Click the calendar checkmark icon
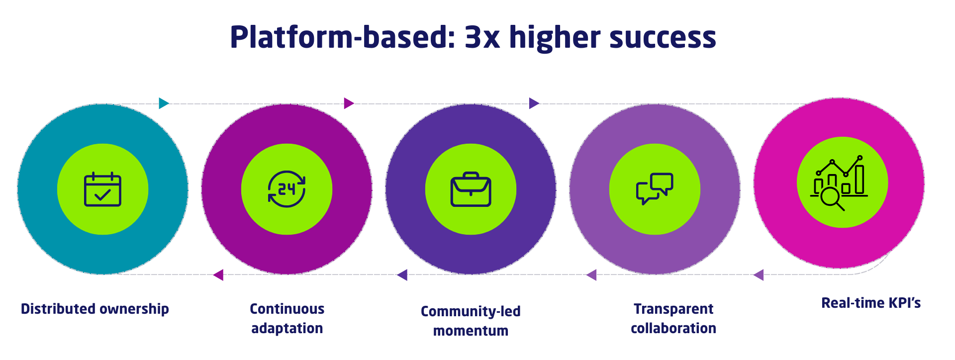click(x=102, y=189)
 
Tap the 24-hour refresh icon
click(x=286, y=189)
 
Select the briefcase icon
click(x=471, y=189)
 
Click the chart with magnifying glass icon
click(x=840, y=183)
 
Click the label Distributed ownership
click(x=95, y=309)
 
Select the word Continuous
click(x=287, y=309)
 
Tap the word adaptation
click(x=287, y=328)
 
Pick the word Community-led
click(x=471, y=311)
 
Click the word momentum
click(x=471, y=331)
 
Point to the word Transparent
click(x=673, y=309)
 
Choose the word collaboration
click(x=673, y=328)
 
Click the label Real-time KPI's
click(x=871, y=303)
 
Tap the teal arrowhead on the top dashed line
click(x=164, y=103)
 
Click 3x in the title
click(x=482, y=38)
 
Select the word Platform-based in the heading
click(x=342, y=38)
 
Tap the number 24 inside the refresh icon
click(x=286, y=189)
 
